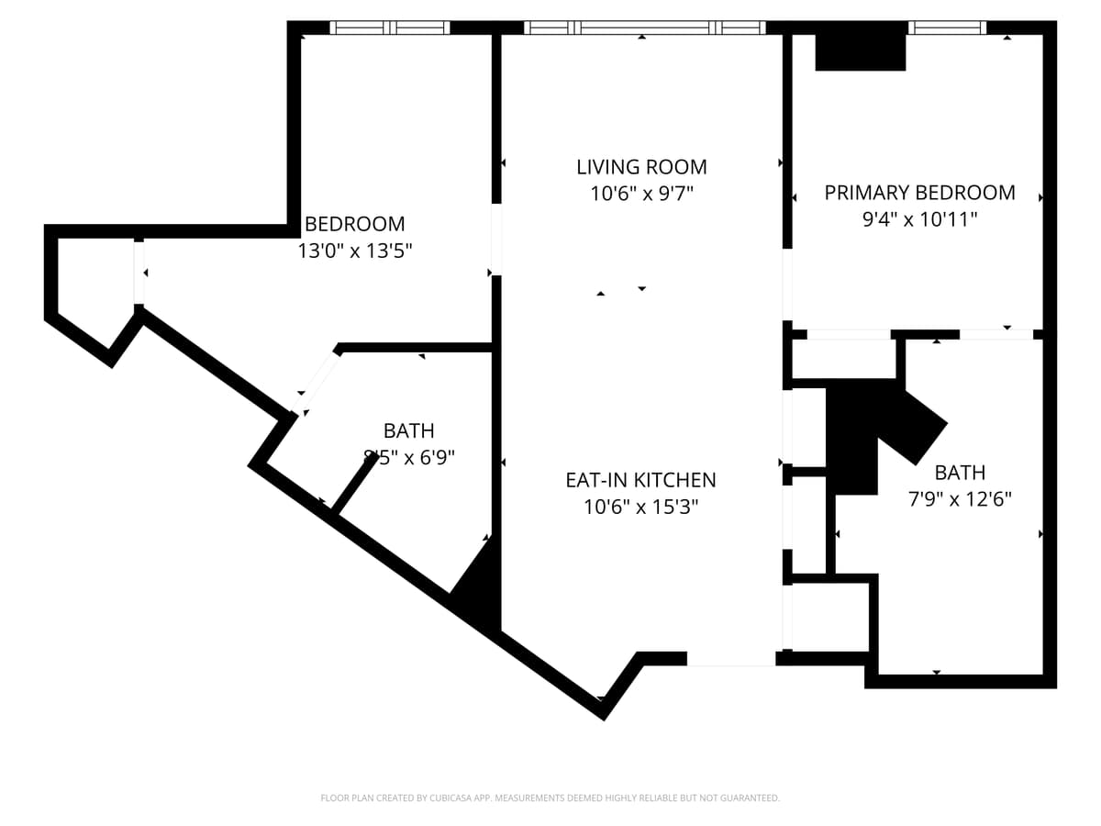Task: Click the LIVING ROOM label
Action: [641, 167]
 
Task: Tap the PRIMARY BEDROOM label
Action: [919, 193]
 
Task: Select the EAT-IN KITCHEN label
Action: [640, 480]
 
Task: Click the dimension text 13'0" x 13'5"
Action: [355, 251]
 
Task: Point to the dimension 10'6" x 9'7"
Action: [641, 194]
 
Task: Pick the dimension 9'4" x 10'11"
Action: [919, 219]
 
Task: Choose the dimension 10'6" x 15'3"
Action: [640, 507]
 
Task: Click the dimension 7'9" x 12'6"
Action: [960, 499]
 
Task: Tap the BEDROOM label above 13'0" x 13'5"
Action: [355, 224]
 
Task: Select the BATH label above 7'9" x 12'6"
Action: [960, 473]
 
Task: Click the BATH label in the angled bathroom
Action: [408, 430]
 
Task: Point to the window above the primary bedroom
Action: [947, 28]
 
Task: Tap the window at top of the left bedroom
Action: [390, 28]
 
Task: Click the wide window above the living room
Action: [644, 28]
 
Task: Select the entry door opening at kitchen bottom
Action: [731, 659]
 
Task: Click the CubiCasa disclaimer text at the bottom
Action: [550, 798]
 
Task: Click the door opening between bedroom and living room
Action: [496, 239]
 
